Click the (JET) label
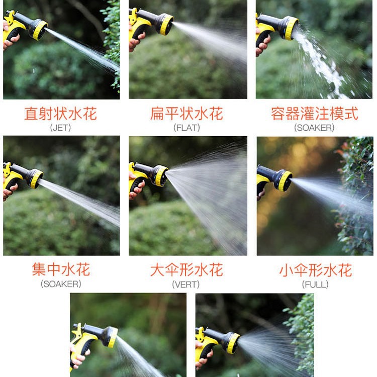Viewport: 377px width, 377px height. click(x=60, y=128)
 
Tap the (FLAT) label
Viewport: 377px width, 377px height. click(x=186, y=128)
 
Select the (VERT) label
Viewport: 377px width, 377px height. click(x=186, y=285)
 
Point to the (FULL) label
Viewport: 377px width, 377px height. click(x=315, y=285)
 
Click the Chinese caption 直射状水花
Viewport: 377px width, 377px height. click(x=61, y=114)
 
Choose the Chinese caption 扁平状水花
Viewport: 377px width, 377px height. click(x=186, y=114)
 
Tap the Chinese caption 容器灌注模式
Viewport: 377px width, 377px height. click(x=315, y=114)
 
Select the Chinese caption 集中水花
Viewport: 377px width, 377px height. click(x=61, y=269)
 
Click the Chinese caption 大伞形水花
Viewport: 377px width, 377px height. click(x=186, y=270)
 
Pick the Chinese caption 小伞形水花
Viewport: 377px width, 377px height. click(x=316, y=270)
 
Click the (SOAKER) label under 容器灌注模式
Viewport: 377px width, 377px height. click(x=314, y=128)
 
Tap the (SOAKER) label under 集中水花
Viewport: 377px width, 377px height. click(x=61, y=284)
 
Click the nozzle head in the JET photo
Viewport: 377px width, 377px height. click(x=39, y=29)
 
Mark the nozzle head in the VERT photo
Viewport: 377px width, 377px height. click(x=160, y=175)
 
